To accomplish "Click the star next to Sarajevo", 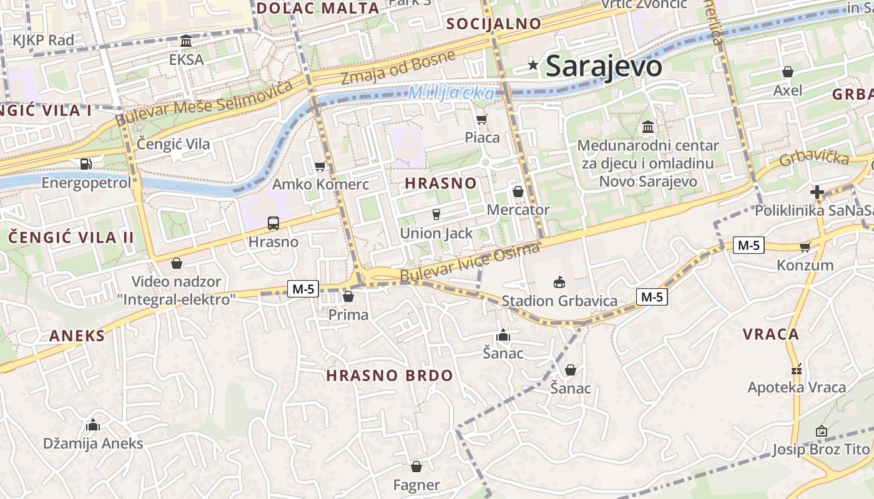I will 533,65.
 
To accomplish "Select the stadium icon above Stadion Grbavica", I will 559,283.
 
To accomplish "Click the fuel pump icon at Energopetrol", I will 86,164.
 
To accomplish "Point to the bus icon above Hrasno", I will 273,223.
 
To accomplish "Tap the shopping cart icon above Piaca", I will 481,119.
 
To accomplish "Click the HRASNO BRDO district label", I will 389,375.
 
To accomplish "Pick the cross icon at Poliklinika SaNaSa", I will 817,191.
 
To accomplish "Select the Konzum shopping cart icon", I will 805,247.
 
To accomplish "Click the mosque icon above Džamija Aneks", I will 93,425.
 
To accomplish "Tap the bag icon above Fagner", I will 416,467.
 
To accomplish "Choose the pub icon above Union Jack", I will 436,215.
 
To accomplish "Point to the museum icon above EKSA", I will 186,41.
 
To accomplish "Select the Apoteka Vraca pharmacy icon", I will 795,369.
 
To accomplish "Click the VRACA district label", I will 770,334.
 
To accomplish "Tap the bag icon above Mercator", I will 518,191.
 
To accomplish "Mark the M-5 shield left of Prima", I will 303,288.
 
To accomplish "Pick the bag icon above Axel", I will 788,72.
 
